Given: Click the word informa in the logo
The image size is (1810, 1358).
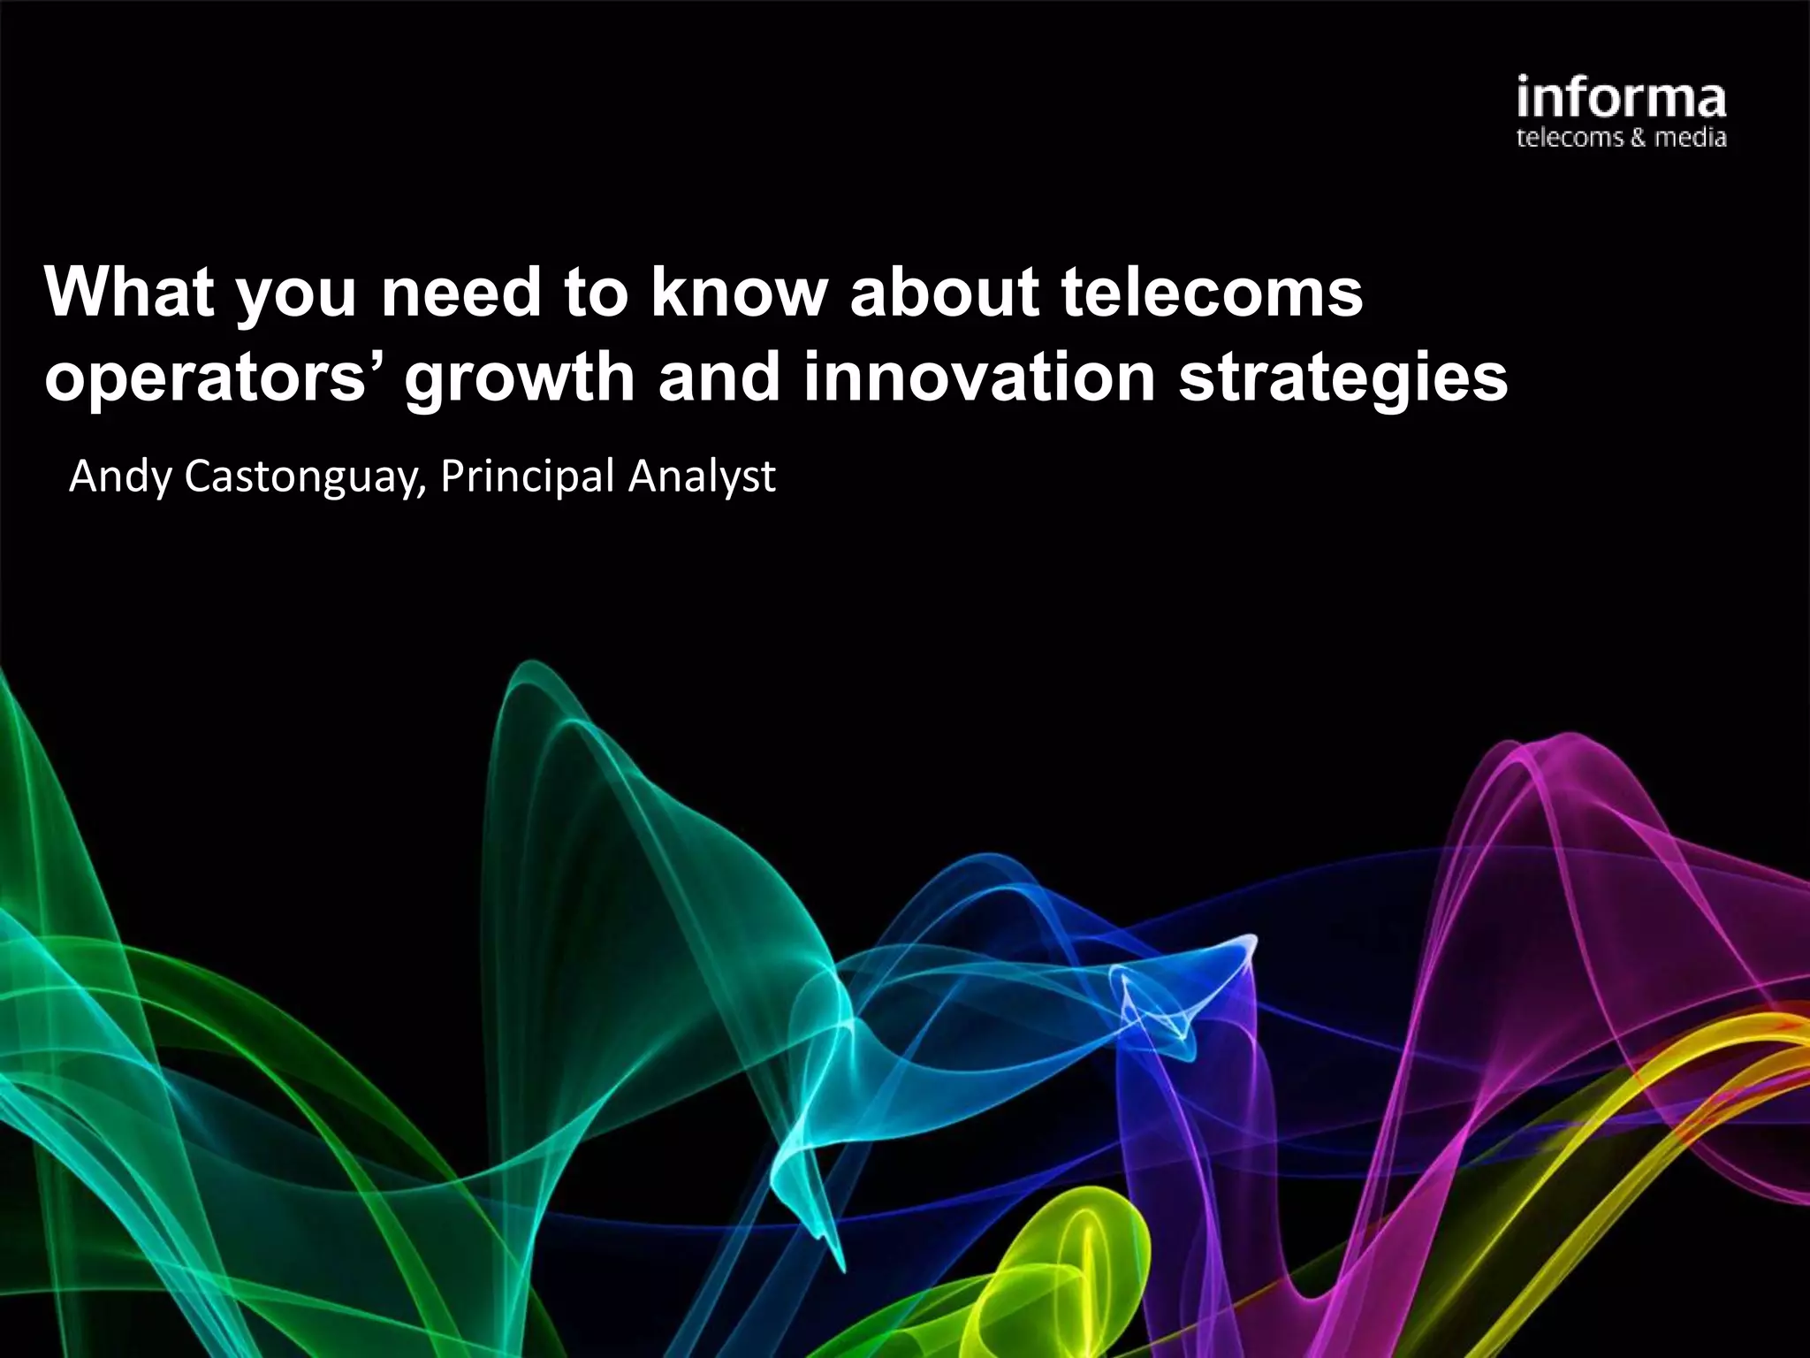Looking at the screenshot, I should coord(1621,99).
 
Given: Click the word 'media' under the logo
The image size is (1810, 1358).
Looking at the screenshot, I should coord(1690,138).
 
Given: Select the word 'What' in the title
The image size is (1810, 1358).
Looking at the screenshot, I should coord(129,292).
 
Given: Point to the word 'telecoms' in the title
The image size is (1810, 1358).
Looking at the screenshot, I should coord(1212,292).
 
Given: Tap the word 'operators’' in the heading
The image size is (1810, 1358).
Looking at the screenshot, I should coord(217,378).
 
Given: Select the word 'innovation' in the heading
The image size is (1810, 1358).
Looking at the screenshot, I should coord(979,378).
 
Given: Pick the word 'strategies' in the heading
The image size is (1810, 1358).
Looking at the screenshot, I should coord(1343,378).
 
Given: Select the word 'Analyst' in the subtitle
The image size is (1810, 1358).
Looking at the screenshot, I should coord(702,477).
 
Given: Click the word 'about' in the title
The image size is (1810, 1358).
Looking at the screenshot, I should coord(944,292).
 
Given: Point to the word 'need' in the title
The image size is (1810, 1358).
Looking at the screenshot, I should coord(461,292).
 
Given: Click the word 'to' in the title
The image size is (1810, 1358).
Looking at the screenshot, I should coord(596,292).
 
